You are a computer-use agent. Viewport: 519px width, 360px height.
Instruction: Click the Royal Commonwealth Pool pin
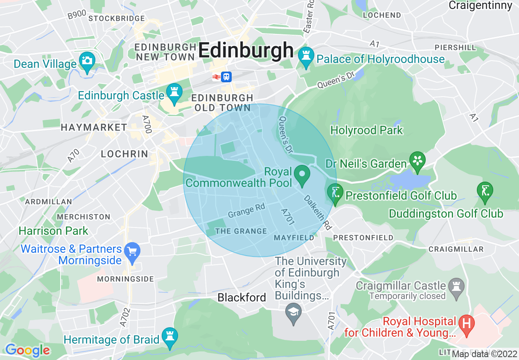coord(302,174)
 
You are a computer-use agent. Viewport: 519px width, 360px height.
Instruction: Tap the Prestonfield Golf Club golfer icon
coord(335,193)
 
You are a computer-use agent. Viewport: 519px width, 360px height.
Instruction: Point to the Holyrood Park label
coord(366,130)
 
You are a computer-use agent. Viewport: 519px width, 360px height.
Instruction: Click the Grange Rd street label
coord(246,211)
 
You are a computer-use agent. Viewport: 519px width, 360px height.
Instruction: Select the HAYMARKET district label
coord(94,128)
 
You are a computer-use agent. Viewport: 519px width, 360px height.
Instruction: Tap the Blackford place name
coord(241,297)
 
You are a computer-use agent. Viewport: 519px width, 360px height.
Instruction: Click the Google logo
coord(27,350)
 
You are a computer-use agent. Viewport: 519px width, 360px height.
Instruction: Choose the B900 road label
coord(77,14)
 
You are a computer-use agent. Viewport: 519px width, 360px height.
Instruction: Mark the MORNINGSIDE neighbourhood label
coord(125,279)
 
